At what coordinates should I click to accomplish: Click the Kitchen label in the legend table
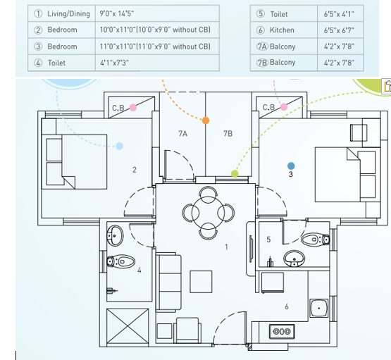(282, 30)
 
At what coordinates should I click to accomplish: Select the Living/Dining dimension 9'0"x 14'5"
(117, 13)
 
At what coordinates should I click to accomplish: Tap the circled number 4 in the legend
(38, 63)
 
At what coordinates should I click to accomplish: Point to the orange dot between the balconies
(206, 120)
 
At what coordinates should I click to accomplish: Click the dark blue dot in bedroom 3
(291, 166)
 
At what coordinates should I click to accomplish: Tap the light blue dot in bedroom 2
(120, 146)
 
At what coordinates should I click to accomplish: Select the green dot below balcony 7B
(235, 173)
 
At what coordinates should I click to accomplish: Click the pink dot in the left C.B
(133, 108)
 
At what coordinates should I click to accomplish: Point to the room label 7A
(182, 134)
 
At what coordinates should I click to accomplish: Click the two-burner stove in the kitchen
(282, 331)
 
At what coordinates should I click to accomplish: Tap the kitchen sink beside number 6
(319, 308)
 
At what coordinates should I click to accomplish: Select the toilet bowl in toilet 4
(121, 261)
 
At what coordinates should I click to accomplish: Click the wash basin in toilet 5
(294, 259)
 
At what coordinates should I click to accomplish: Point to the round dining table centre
(209, 213)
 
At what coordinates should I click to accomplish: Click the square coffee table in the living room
(201, 282)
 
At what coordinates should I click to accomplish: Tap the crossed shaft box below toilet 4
(128, 325)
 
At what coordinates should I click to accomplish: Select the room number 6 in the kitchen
(287, 306)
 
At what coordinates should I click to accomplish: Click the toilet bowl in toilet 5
(316, 240)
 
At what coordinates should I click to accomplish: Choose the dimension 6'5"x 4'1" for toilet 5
(339, 14)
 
